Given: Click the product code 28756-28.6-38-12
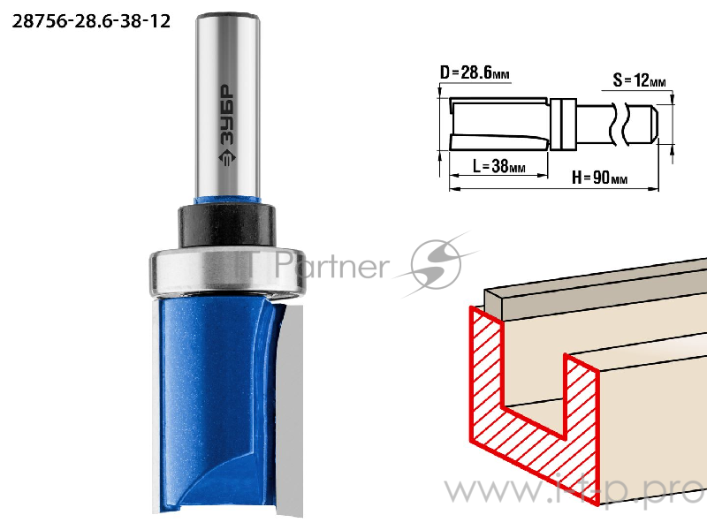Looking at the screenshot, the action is click(91, 21).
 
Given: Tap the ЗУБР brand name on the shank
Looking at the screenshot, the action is click(227, 115).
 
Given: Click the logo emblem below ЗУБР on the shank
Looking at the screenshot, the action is click(227, 158).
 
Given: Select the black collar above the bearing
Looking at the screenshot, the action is click(227, 225).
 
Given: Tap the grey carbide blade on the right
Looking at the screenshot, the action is click(289, 410).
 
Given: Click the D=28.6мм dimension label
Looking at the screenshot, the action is click(475, 72).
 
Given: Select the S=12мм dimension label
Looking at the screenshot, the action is click(639, 80).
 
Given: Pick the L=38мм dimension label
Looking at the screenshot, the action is click(498, 166).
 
